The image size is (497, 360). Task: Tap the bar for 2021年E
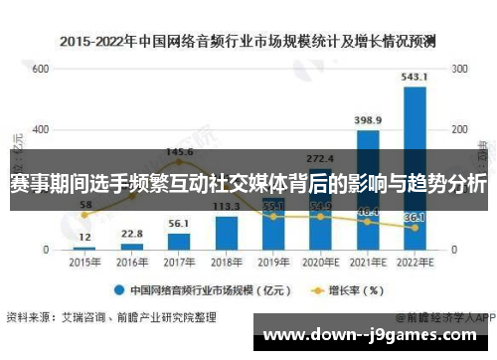(368, 189)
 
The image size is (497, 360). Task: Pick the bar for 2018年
(227, 232)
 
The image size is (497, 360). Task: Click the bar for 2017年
(179, 241)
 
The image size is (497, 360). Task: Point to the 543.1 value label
(415, 77)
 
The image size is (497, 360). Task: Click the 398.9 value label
(368, 120)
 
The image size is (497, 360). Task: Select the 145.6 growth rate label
(180, 152)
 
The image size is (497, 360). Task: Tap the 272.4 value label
(320, 158)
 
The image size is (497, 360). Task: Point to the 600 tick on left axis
(41, 70)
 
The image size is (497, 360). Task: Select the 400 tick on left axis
(41, 129)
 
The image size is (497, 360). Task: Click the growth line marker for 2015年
(84, 215)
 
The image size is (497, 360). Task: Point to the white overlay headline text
(248, 185)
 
